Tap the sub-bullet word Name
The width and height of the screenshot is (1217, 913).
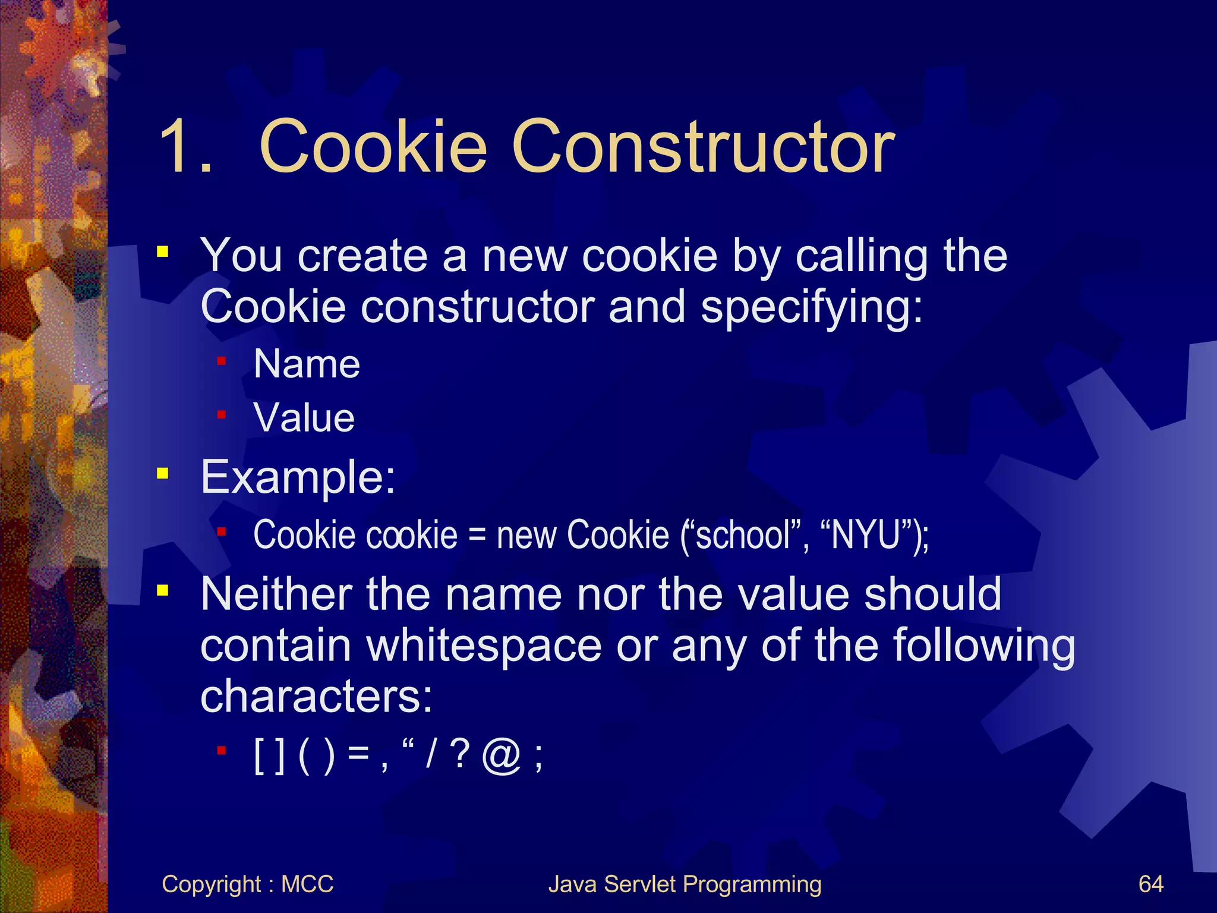point(307,364)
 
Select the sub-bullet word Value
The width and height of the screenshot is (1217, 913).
point(304,417)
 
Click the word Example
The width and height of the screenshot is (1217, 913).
point(298,477)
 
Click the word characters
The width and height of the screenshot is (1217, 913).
point(316,697)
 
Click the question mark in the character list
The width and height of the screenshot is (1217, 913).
point(460,755)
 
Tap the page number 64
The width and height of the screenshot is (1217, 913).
point(1150,884)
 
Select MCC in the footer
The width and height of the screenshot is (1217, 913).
point(307,884)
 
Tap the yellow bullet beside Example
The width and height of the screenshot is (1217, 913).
point(162,474)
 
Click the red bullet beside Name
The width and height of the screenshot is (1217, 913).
point(222,361)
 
